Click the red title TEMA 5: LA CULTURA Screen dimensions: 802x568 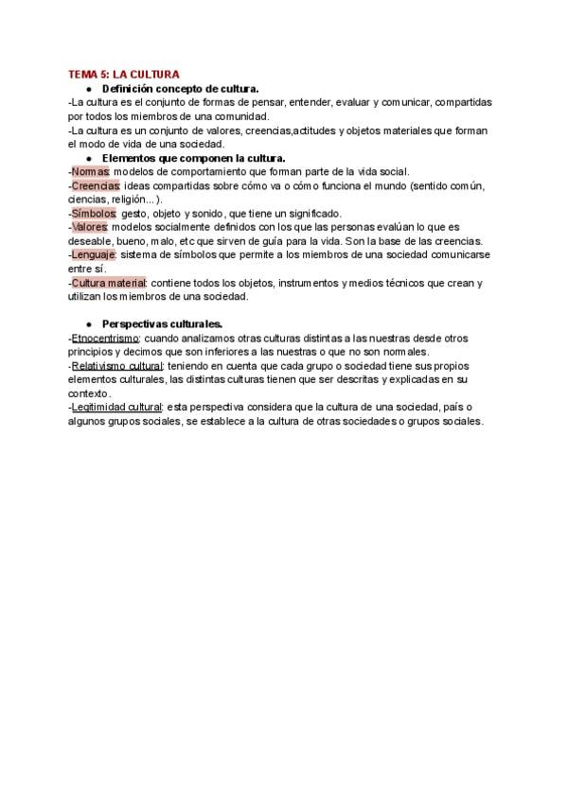point(124,75)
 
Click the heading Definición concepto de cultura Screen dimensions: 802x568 point(180,89)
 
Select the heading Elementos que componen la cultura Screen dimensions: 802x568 point(193,158)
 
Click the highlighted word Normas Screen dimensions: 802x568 point(91,172)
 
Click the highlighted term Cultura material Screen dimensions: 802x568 point(109,283)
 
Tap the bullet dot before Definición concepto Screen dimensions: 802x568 point(88,89)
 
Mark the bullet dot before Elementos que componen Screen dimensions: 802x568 point(88,158)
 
